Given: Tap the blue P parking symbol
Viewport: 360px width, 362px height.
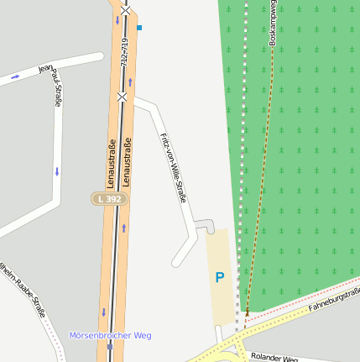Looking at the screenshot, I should click(x=220, y=277).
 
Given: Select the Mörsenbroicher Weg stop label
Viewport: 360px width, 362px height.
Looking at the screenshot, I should click(x=110, y=335).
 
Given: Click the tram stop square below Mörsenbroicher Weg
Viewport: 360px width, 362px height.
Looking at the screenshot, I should click(x=110, y=345).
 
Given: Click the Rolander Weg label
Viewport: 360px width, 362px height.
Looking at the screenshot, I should click(x=274, y=358).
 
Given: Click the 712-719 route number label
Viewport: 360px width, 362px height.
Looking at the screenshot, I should click(x=124, y=54).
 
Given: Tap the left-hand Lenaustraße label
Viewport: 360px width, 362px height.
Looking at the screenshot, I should click(x=112, y=163).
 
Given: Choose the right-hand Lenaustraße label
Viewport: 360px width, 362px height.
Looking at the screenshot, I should click(x=128, y=163).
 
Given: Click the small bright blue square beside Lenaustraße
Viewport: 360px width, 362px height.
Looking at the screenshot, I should click(x=139, y=28).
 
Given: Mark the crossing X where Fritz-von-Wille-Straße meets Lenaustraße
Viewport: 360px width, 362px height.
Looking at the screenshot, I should click(x=123, y=97).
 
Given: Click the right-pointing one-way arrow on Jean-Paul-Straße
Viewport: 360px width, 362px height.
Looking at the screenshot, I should click(x=14, y=77).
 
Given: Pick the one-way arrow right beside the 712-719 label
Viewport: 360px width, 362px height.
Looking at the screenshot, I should click(x=131, y=81).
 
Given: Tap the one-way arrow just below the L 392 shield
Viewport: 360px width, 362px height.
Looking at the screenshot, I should click(x=124, y=228).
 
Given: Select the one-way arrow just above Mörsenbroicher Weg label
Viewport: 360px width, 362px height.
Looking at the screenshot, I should click(x=104, y=312).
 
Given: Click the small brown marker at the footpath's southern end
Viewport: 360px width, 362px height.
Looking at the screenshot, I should click(x=247, y=313).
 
